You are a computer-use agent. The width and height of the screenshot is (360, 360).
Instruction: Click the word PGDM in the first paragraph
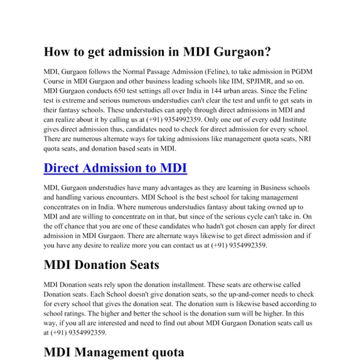(305, 71)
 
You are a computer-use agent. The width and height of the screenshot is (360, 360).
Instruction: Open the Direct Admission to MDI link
(116, 168)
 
